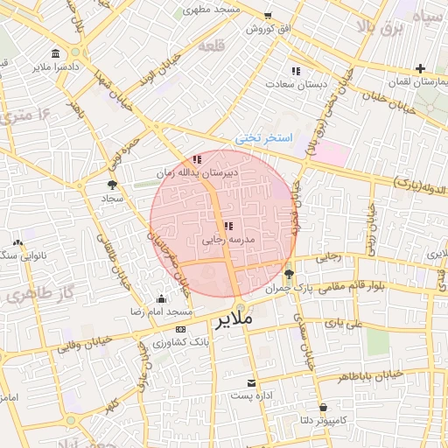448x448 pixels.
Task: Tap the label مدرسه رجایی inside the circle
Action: coord(227,239)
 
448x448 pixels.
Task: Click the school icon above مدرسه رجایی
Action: coord(228,226)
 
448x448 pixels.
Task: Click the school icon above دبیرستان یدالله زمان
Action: coord(198,159)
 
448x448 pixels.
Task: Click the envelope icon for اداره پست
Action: coord(253,383)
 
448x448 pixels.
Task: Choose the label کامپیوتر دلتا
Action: coord(323,421)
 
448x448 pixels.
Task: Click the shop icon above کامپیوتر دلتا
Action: coord(324,408)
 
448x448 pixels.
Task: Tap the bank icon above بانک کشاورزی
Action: coord(180,329)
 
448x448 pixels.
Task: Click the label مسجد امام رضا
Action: coord(161,312)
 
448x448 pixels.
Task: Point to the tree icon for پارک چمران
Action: coord(290,274)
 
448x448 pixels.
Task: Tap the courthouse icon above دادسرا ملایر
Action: coord(56,53)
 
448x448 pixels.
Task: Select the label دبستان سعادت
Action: coord(297,84)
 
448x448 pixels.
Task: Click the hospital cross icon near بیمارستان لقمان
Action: coord(421,67)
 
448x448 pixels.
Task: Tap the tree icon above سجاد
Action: coord(112,185)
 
